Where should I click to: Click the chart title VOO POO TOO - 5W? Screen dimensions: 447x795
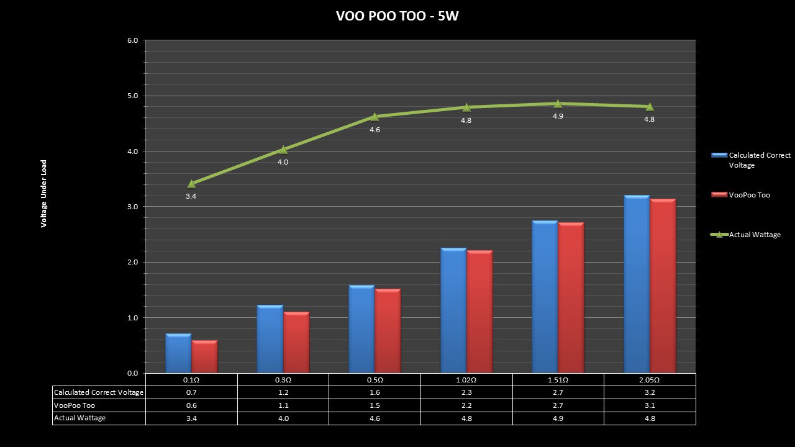(397, 16)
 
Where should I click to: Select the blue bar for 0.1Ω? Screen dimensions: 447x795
(178, 353)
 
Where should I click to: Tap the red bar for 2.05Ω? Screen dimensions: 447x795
(663, 286)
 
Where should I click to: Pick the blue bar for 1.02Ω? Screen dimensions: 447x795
(453, 310)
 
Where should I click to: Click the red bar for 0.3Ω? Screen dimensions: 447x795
(296, 342)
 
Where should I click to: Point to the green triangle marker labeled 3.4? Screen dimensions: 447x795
(191, 184)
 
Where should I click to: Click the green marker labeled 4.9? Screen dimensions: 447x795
(558, 104)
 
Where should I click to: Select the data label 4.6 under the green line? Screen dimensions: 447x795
(375, 130)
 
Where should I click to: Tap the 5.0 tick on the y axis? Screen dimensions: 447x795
(132, 96)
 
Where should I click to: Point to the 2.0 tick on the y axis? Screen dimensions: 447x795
(132, 263)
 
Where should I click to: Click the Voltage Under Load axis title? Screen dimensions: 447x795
(44, 194)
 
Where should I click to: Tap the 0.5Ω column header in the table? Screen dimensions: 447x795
(375, 380)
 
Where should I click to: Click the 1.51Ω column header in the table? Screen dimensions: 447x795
(558, 380)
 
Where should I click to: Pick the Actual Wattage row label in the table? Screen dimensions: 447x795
(80, 418)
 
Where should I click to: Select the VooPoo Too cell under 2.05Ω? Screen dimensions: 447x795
(650, 405)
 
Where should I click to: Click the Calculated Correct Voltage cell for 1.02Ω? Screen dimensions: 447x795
(466, 392)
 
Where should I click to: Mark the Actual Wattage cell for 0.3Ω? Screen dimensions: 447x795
(283, 418)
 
